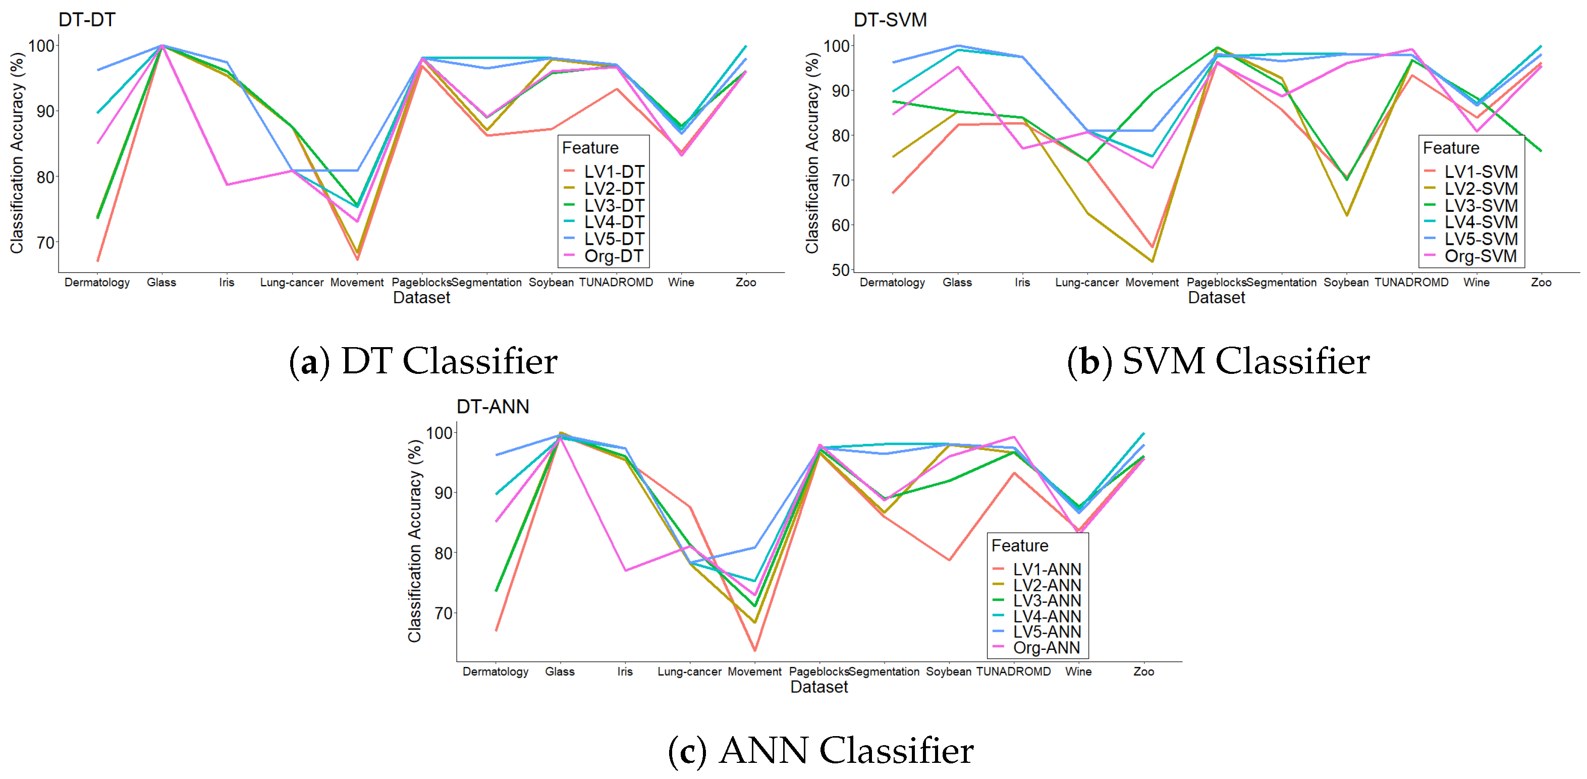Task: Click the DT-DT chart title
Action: [87, 20]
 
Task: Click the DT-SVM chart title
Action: [890, 20]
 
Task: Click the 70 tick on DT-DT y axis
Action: [45, 243]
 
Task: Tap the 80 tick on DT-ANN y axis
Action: [443, 553]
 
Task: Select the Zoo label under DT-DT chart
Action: [745, 282]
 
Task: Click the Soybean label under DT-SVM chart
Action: [1346, 282]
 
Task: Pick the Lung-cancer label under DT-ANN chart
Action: [689, 671]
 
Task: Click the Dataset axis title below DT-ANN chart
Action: [819, 687]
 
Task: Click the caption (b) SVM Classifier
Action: [1218, 361]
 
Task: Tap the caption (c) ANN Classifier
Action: [820, 750]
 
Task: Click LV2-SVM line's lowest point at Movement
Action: [1152, 262]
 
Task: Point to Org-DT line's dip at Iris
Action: [227, 184]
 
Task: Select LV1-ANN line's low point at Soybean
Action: [949, 560]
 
